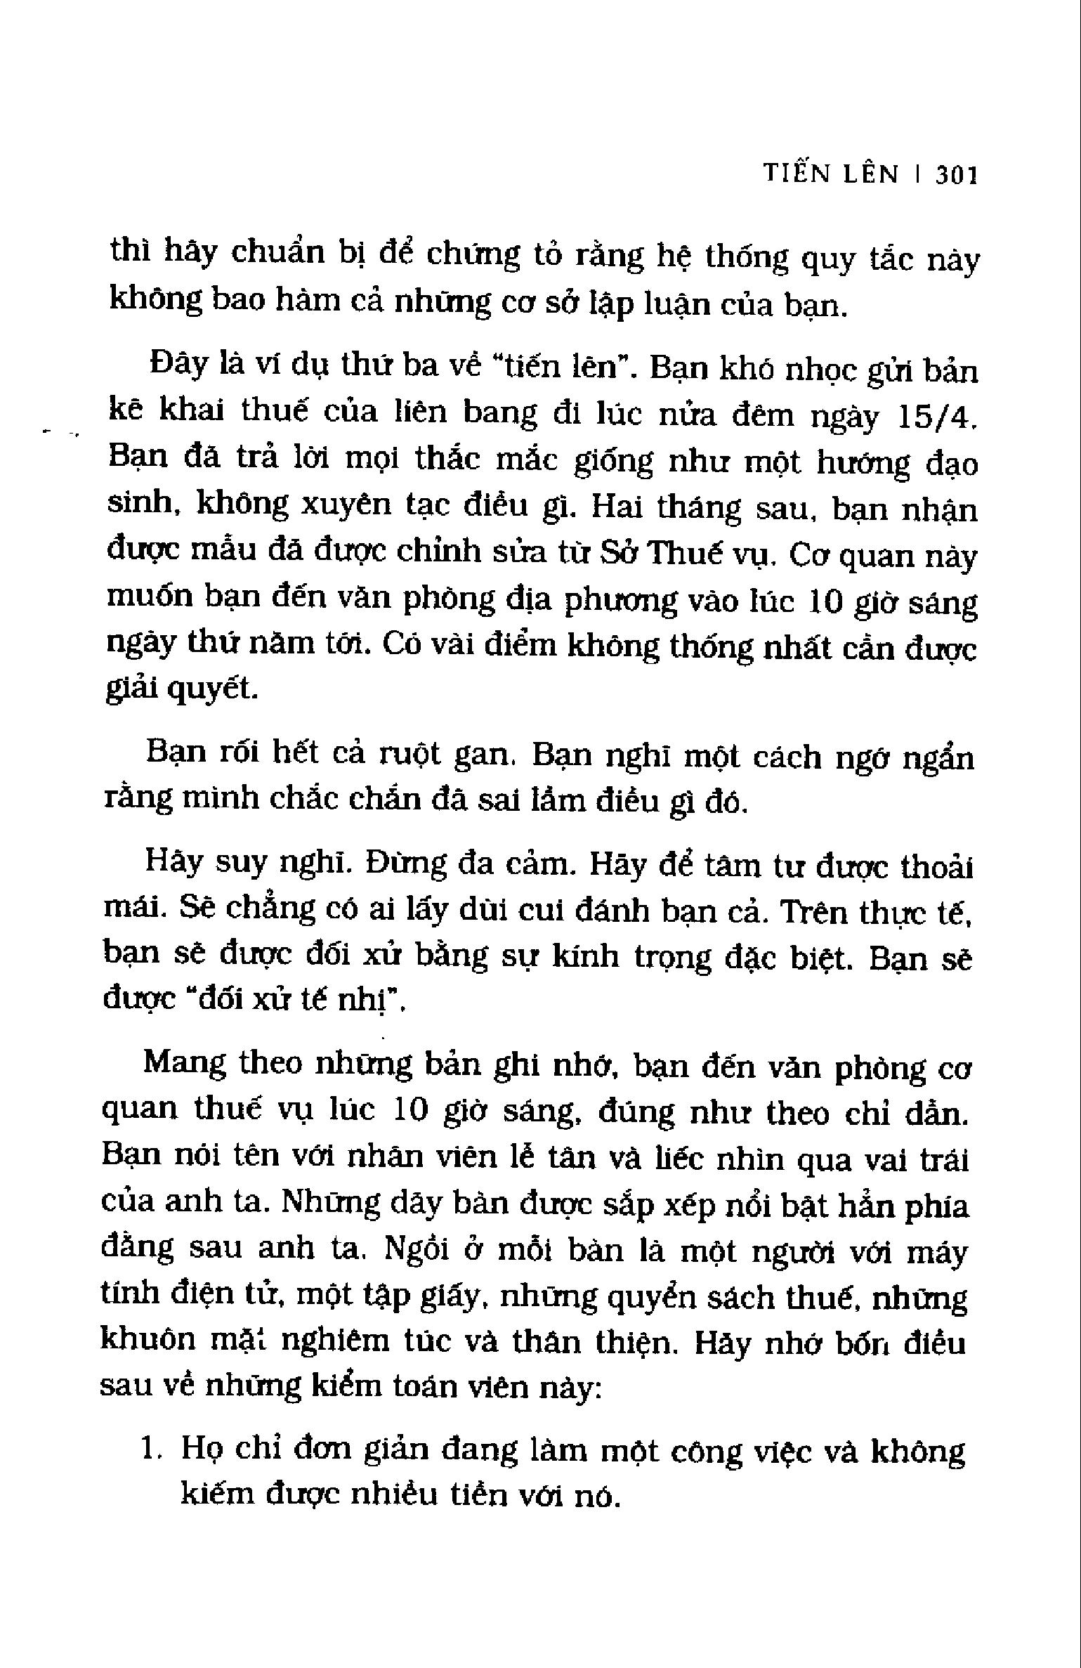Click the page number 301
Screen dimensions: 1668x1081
(x=957, y=175)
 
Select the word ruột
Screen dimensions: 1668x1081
(x=409, y=755)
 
